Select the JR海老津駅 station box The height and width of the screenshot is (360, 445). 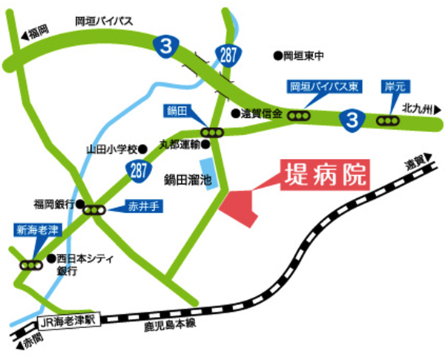[x=68, y=322]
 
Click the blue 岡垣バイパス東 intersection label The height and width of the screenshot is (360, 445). [x=324, y=88]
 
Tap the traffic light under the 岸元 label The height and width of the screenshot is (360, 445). [x=387, y=120]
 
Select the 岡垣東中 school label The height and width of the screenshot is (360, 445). [x=303, y=55]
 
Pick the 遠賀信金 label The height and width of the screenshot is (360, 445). [x=260, y=114]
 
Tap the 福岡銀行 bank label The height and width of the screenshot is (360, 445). [x=51, y=202]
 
